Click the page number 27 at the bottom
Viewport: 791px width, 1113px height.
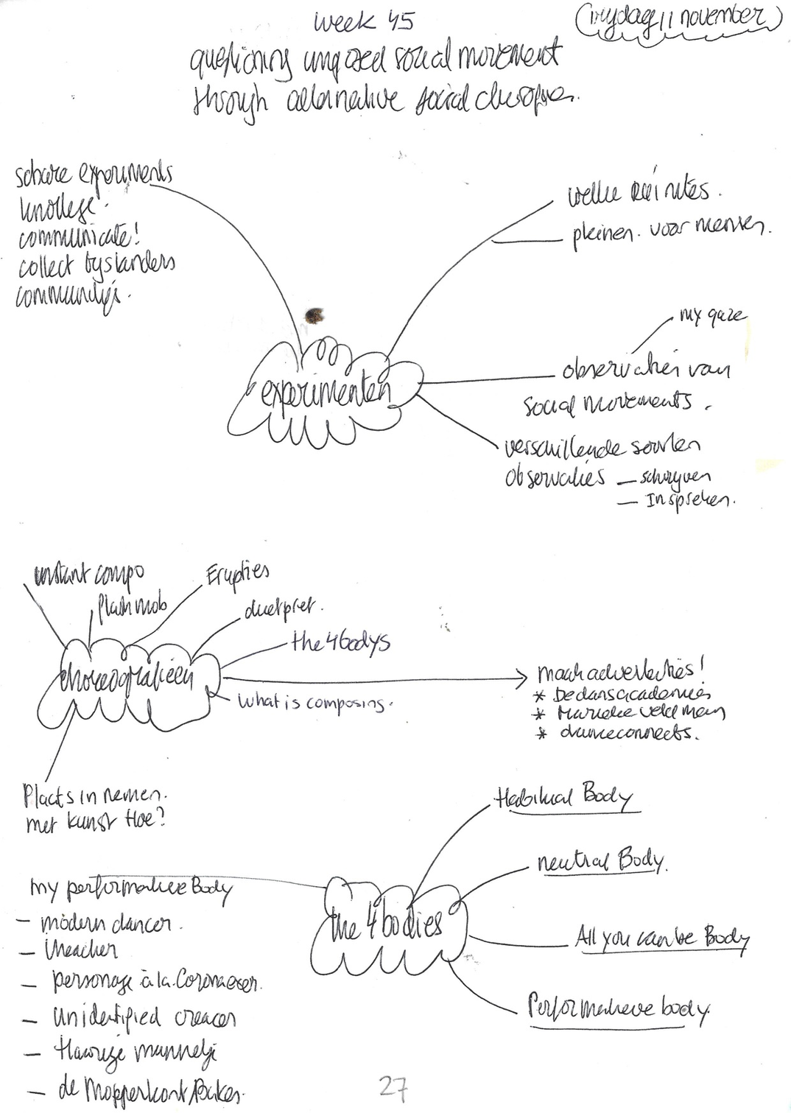(x=393, y=1086)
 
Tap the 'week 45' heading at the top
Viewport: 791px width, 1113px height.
(x=364, y=24)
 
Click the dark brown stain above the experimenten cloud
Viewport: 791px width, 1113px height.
(x=314, y=315)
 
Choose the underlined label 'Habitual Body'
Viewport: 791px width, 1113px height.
(x=563, y=798)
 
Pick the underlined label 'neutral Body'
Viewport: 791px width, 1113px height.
(x=601, y=861)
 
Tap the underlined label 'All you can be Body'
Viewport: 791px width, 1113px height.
(x=662, y=938)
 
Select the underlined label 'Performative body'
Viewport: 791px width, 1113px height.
(x=619, y=1008)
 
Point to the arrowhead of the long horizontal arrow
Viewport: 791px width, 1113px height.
(x=524, y=678)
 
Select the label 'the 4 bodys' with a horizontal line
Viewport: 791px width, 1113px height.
(x=340, y=642)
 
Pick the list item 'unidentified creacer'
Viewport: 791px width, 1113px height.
(x=143, y=1018)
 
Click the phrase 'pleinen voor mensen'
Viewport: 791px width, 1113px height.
(x=671, y=234)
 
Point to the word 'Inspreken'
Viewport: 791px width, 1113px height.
(x=689, y=500)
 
